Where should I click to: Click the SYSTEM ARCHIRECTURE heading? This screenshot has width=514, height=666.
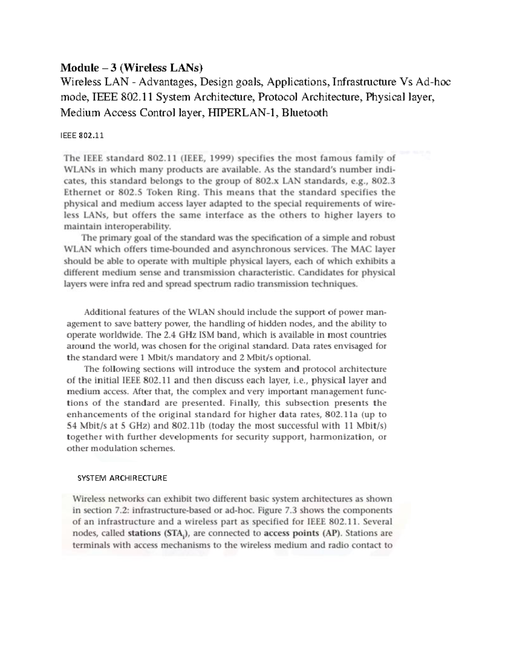[122, 478]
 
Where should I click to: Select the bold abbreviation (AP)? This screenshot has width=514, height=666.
[332, 533]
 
